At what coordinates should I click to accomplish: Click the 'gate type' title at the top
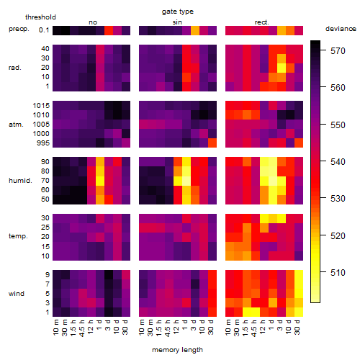click(x=178, y=12)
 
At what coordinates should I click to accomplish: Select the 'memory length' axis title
click(x=177, y=350)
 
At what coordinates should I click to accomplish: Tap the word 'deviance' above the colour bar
click(x=341, y=29)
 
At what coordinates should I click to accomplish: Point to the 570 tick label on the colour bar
click(x=338, y=51)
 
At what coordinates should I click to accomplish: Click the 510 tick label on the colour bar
click(x=338, y=273)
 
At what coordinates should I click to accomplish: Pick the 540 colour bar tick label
click(x=338, y=162)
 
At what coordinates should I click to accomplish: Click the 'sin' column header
click(x=177, y=22)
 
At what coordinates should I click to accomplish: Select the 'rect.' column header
click(x=261, y=22)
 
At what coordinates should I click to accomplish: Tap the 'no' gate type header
click(x=93, y=22)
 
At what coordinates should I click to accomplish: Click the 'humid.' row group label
click(x=20, y=181)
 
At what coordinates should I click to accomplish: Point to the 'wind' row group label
click(x=17, y=294)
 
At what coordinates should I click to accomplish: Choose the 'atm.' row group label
click(x=16, y=125)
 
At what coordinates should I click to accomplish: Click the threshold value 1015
click(x=41, y=106)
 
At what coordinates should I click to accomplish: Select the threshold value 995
click(x=43, y=143)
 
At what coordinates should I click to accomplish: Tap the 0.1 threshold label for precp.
click(x=44, y=30)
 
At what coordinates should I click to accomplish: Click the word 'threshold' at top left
click(x=40, y=17)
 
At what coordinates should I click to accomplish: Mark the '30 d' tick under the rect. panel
click(x=297, y=327)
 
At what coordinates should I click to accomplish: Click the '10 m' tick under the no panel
click(x=55, y=327)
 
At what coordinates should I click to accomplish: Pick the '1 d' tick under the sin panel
click(x=185, y=325)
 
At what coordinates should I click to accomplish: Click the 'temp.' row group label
click(x=18, y=236)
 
